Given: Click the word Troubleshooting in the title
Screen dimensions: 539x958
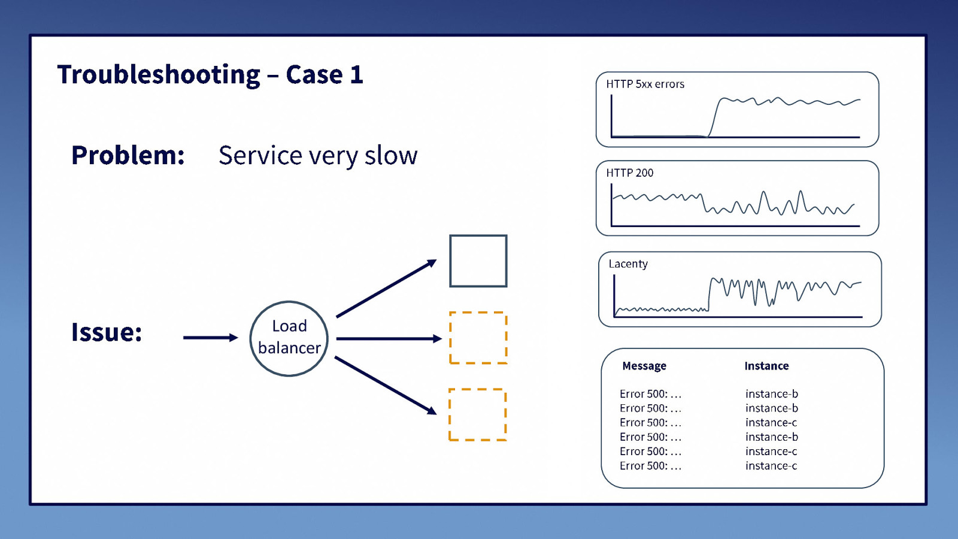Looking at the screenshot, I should [x=159, y=75].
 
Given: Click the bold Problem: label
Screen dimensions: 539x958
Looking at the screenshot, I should [x=128, y=156].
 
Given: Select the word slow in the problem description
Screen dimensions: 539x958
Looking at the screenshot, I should [x=390, y=156].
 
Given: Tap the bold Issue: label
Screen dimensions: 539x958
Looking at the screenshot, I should [x=107, y=332].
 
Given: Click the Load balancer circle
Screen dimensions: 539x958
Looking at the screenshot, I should [x=289, y=338].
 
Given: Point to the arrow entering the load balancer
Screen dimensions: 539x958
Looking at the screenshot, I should [x=210, y=338].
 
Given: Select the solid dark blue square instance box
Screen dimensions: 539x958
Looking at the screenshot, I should [x=478, y=261].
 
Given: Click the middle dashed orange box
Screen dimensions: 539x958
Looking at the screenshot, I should [x=478, y=338].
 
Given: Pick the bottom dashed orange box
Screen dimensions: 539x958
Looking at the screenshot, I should [x=478, y=414].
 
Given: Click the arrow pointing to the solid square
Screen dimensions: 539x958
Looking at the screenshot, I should [x=386, y=289].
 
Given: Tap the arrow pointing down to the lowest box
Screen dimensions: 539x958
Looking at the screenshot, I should [x=386, y=385].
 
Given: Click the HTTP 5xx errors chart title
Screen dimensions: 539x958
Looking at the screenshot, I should [x=645, y=84].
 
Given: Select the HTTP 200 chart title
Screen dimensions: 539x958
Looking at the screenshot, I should [x=629, y=173].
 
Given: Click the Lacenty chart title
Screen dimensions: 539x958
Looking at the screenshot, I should [x=628, y=264].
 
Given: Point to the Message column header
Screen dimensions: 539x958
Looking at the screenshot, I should [x=644, y=366].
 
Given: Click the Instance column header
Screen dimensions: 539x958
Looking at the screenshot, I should [x=766, y=366].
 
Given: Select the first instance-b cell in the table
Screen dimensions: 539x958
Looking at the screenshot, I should [x=771, y=394].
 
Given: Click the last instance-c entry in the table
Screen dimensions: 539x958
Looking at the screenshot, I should [x=771, y=466].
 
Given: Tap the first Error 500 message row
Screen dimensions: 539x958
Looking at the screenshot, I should [x=650, y=394].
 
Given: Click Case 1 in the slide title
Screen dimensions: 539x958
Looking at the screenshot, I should [x=325, y=75].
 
